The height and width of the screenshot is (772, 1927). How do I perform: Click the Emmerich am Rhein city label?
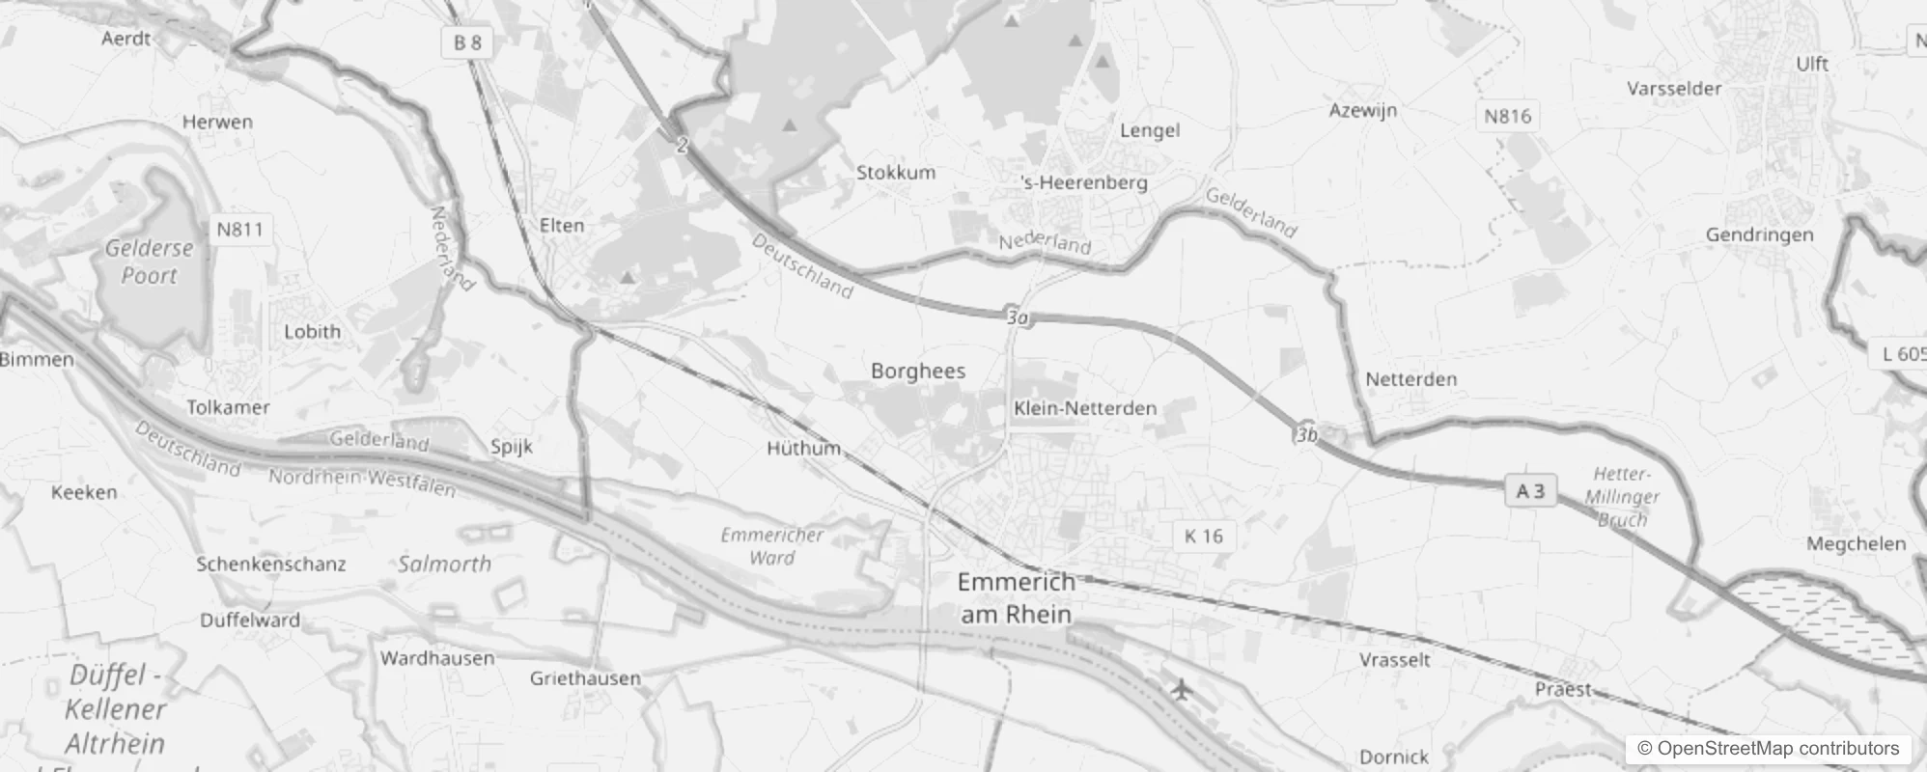point(1016,598)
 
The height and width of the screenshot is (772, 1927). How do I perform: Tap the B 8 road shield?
point(467,42)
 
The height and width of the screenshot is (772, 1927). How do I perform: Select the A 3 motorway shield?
point(1530,491)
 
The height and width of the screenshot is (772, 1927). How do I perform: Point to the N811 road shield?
point(239,229)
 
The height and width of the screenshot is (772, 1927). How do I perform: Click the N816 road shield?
point(1507,117)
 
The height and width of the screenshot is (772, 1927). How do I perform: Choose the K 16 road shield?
point(1203,537)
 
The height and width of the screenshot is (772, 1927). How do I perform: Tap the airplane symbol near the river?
point(1180,689)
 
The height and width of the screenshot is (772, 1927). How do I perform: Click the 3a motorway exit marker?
point(1018,317)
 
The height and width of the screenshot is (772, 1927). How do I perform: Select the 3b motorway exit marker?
point(1307,434)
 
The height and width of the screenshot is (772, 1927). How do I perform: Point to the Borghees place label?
point(917,371)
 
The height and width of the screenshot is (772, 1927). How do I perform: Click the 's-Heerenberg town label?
point(1084,182)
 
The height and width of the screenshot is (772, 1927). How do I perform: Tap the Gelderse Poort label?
point(149,262)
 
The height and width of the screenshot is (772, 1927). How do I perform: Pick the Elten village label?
point(562,225)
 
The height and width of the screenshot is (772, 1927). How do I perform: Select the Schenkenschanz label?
point(271,564)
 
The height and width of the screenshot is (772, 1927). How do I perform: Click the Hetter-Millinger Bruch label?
point(1622,497)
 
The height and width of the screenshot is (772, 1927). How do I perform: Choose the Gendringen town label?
point(1759,234)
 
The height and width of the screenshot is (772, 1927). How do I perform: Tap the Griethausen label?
point(585,678)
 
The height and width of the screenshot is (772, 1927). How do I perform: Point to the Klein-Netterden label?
point(1085,408)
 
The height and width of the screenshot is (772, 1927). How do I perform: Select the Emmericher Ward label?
point(772,546)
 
